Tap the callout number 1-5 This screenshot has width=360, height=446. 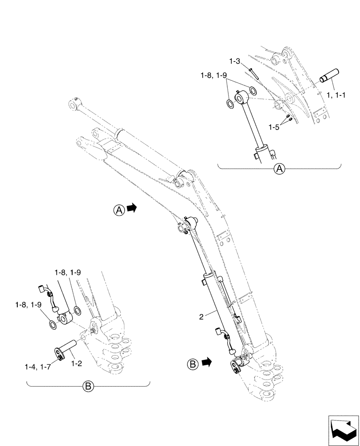[x=274, y=127]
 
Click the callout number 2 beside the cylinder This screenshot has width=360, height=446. [x=201, y=317]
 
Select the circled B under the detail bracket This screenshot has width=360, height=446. [x=88, y=386]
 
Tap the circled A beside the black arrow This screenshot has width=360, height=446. [x=119, y=208]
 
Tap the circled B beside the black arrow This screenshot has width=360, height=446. [x=192, y=363]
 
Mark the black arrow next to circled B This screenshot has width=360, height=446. [x=205, y=363]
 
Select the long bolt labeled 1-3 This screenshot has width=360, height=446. [x=254, y=72]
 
